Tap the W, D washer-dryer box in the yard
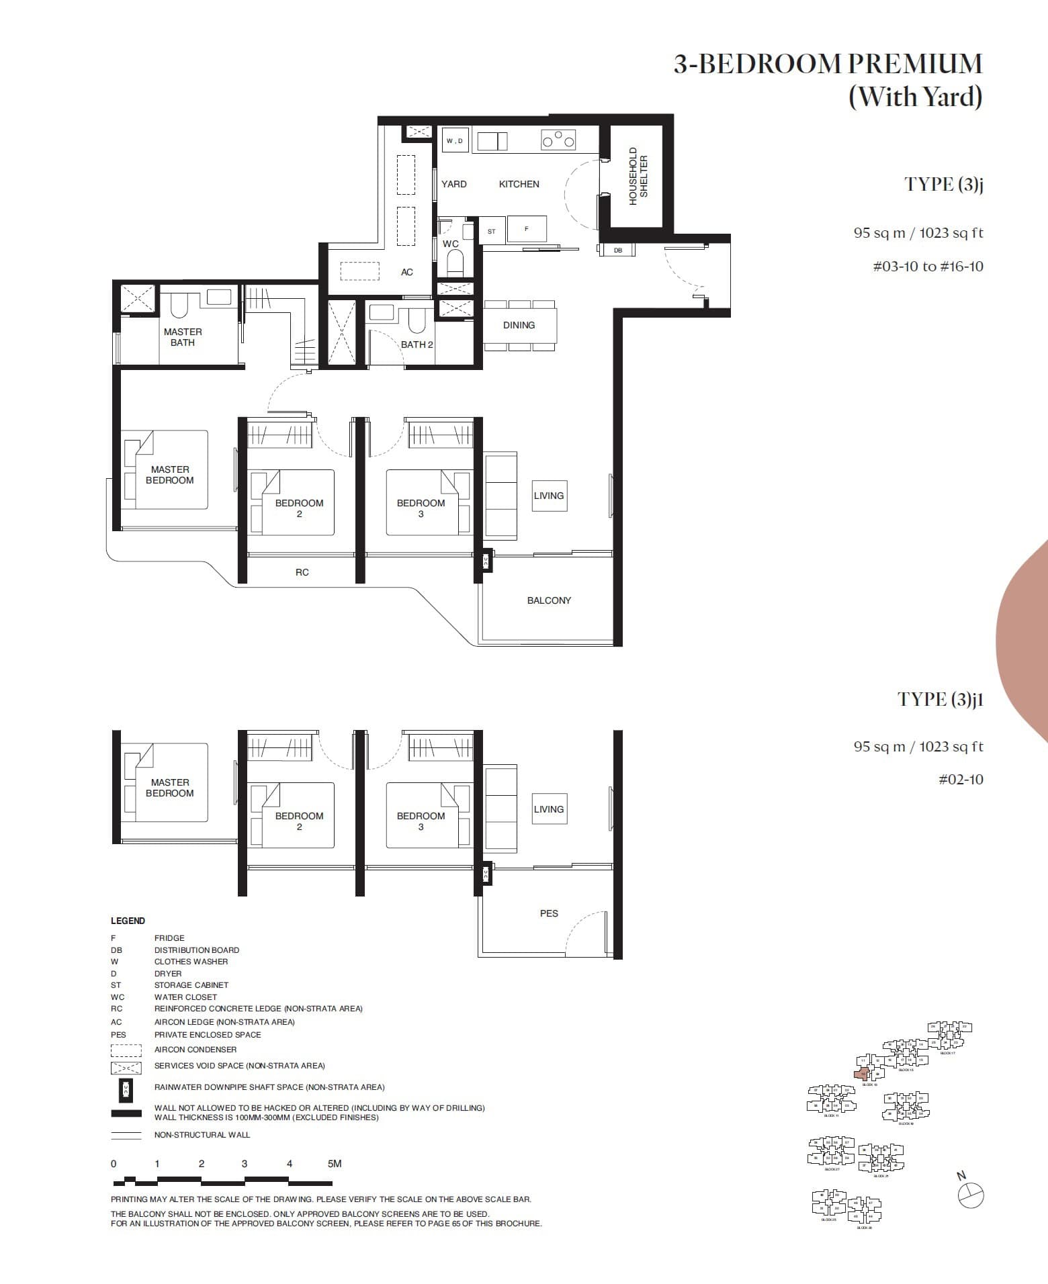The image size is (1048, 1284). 455,140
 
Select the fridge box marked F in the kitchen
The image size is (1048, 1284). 527,229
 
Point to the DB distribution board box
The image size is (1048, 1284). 617,250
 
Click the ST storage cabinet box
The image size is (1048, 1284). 492,231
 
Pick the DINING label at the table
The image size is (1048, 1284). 519,325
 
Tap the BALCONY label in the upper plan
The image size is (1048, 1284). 549,600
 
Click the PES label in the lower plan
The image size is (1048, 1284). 549,913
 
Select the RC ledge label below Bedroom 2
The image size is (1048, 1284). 302,572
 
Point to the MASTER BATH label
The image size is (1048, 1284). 183,337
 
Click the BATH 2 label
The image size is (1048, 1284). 417,345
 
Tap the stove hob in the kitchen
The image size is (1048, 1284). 558,140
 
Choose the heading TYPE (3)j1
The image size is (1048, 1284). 940,699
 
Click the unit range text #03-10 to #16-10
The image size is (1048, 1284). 928,267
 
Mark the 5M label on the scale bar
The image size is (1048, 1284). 335,1164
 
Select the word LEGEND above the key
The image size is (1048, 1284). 128,921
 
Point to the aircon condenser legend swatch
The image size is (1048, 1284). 126,1050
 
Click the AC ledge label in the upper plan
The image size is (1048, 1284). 407,272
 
